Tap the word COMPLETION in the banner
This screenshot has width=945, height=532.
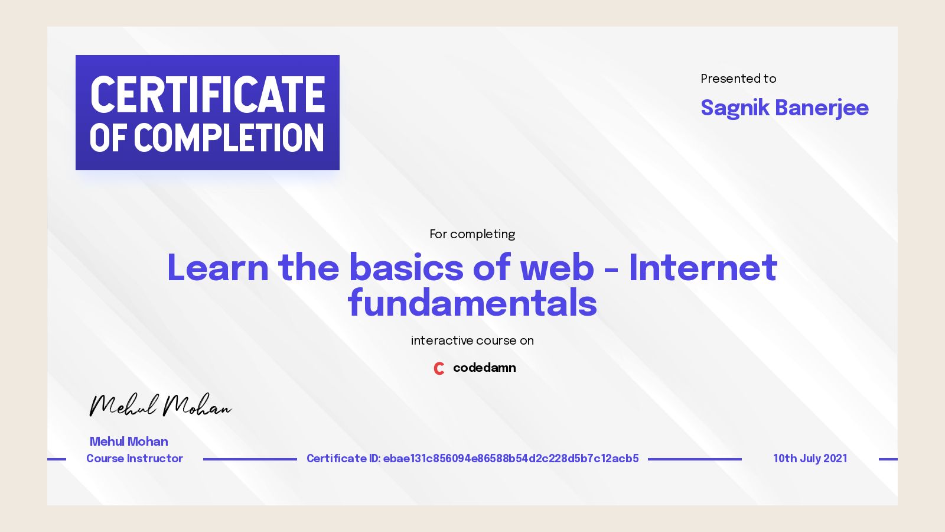click(x=229, y=138)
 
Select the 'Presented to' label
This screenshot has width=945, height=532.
click(x=738, y=79)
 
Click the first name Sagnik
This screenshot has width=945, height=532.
click(x=735, y=108)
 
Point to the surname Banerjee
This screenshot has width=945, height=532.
click(x=822, y=108)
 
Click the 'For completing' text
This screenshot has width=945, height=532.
click(x=472, y=234)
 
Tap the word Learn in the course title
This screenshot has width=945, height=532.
click(x=217, y=268)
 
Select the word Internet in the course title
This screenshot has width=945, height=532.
click(x=703, y=268)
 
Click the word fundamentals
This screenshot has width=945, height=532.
click(x=472, y=303)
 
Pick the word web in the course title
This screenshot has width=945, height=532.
click(x=556, y=268)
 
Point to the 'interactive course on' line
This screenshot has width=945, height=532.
click(x=472, y=340)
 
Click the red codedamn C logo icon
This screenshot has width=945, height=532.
click(x=439, y=368)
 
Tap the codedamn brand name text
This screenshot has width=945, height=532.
click(x=484, y=368)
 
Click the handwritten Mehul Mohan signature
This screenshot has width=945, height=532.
click(x=159, y=406)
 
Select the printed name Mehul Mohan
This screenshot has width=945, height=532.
click(x=129, y=442)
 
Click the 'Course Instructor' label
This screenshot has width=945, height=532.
click(x=135, y=459)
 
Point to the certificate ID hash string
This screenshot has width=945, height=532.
click(x=511, y=459)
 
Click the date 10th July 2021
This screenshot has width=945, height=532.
click(x=810, y=459)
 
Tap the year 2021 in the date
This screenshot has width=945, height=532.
click(x=835, y=459)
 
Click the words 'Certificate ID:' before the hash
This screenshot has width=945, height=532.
click(x=343, y=459)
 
